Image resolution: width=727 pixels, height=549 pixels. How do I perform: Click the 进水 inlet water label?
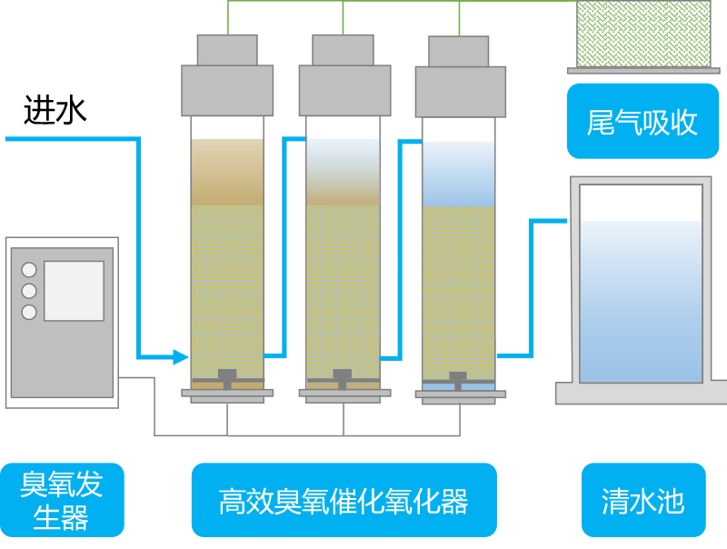[55, 110]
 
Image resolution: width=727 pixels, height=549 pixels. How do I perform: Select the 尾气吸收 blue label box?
[642, 122]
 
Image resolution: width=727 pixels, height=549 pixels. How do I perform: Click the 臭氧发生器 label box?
[62, 500]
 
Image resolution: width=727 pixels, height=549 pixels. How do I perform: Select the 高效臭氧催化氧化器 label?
[344, 500]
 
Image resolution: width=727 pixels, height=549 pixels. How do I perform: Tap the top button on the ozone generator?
[29, 270]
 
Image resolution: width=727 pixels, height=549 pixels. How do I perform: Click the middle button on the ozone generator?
[29, 291]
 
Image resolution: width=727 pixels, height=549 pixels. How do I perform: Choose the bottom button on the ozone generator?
[29, 312]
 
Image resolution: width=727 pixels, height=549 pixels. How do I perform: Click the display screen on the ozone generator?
[74, 291]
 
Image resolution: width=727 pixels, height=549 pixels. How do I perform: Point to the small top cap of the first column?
[227, 50]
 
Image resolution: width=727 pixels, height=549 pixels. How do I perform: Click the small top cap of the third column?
[459, 52]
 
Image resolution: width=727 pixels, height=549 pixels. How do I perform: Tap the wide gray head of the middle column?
[343, 90]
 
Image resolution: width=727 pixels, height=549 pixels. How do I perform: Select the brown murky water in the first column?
[227, 173]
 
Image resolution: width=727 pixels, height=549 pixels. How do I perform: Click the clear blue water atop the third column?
[459, 173]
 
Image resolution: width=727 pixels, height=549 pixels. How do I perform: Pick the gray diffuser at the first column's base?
[227, 376]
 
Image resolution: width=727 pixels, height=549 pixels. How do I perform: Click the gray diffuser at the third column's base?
[459, 378]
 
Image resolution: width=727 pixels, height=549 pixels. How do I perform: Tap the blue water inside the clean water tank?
[641, 300]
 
